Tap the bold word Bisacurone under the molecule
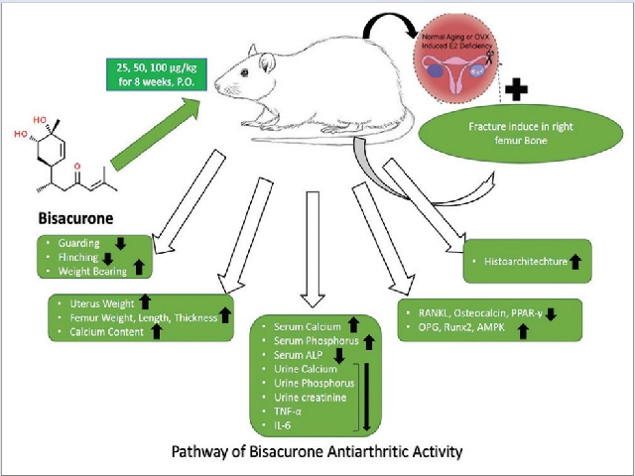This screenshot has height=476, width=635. pos(72,215)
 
